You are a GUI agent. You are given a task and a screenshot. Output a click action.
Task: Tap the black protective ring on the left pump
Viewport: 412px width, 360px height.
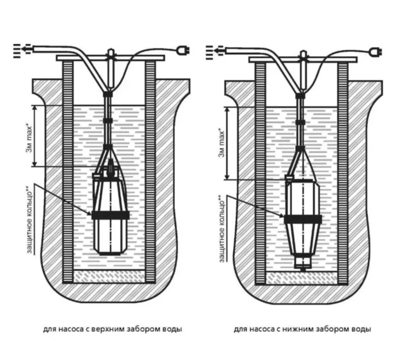pos(110,215)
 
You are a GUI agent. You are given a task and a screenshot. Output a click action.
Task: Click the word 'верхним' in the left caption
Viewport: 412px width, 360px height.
pos(112,329)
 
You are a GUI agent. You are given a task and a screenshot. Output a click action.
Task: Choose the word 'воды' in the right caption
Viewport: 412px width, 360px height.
pos(362,329)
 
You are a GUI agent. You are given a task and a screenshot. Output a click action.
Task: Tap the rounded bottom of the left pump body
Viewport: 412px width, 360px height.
pos(110,249)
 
